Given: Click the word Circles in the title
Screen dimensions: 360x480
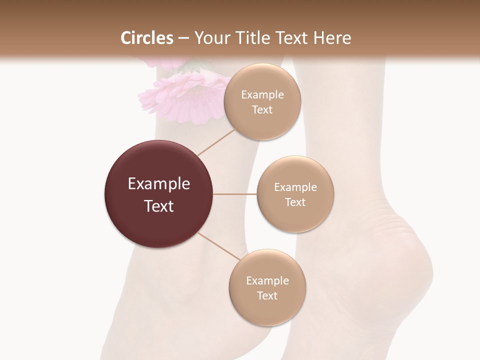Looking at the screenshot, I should [x=146, y=38].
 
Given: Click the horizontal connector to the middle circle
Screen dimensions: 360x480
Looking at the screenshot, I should [x=235, y=194].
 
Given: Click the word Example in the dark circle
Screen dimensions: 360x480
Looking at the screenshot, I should [x=159, y=184].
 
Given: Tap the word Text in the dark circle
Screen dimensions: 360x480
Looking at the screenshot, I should [x=159, y=206].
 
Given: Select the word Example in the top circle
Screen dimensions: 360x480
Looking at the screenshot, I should [x=262, y=95].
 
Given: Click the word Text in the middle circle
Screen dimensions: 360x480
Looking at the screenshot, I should [x=295, y=202].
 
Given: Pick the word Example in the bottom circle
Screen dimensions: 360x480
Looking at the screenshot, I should [x=267, y=280].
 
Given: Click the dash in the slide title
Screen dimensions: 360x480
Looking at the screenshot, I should [x=183, y=38].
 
